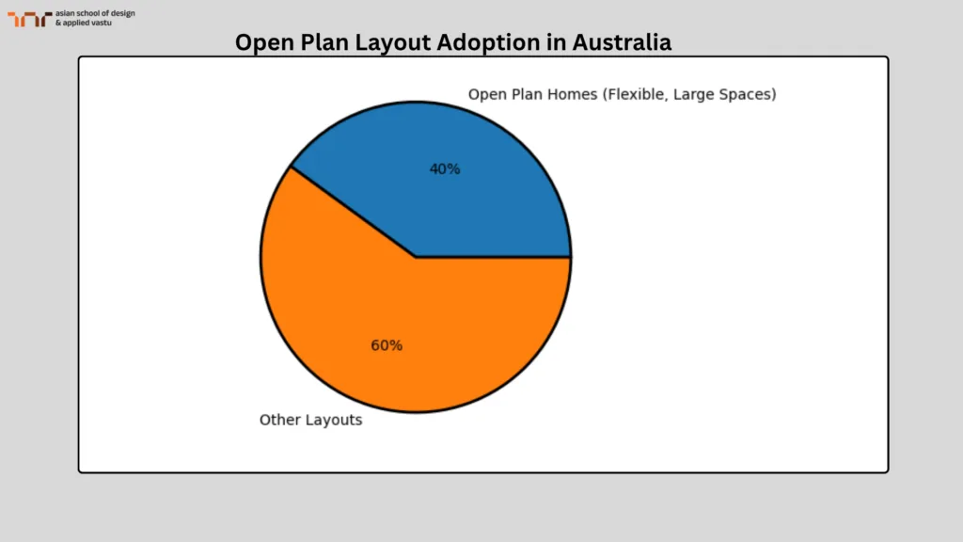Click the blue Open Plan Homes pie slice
[470, 188]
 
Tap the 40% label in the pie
[445, 169]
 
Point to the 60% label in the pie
[387, 345]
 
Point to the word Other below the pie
[280, 421]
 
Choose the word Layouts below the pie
[334, 421]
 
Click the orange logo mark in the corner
[29, 19]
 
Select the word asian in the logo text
[67, 13]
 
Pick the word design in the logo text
[121, 13]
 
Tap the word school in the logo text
[92, 13]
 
